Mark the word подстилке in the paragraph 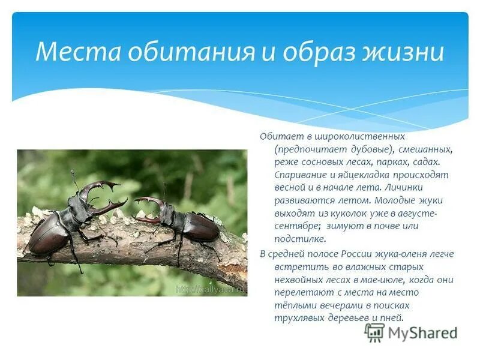(298, 239)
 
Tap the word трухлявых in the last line (298, 319)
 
